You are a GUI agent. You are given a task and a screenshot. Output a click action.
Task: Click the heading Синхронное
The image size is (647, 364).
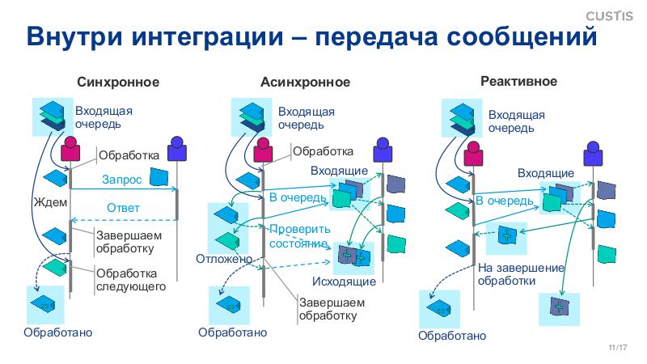coord(118,82)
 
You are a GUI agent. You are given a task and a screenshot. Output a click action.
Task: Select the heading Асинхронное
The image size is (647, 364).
coord(305,82)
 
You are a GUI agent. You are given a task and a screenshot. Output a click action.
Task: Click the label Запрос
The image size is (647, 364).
coord(122,179)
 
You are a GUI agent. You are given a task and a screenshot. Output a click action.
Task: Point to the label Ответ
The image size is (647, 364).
coord(123,208)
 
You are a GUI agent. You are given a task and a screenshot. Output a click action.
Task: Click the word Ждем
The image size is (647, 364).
coord(50,201)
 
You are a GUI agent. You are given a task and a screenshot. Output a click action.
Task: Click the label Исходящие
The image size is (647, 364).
coord(344,281)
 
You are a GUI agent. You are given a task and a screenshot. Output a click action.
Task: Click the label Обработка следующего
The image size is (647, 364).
coord(131,280)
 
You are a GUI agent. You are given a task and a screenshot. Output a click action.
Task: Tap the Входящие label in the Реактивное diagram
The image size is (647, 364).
coord(546,173)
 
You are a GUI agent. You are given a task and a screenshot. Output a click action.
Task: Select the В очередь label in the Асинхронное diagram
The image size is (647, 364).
coord(297,197)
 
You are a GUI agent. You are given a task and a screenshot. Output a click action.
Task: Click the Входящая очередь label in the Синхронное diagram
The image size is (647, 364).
coord(104,117)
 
